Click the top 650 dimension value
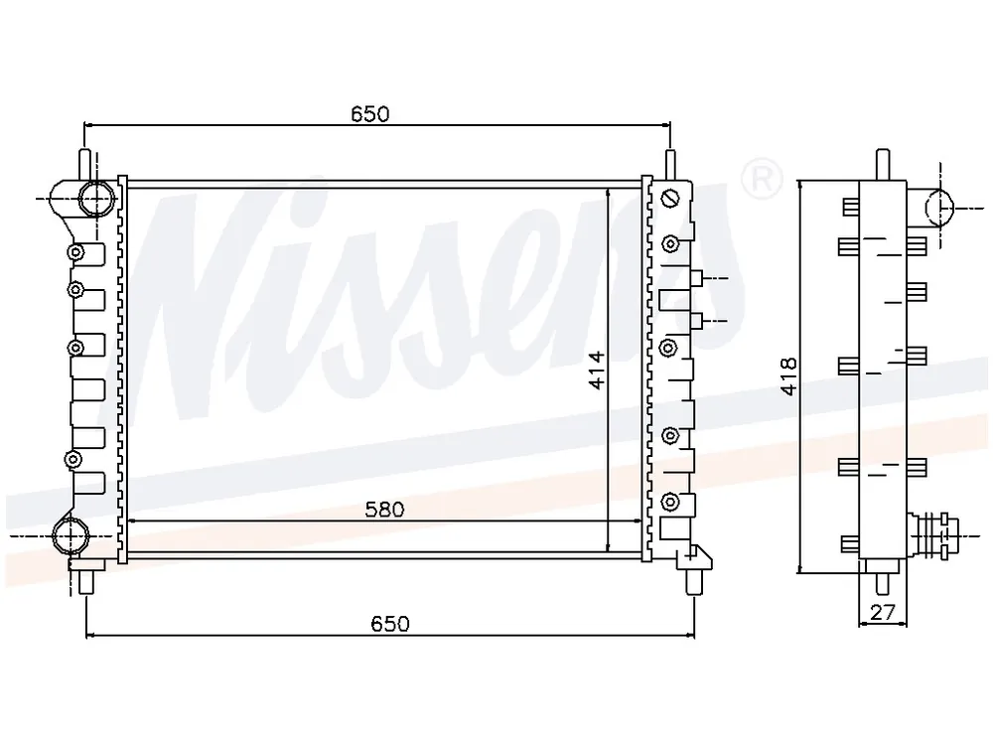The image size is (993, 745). [x=369, y=114]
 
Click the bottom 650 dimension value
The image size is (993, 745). [x=390, y=624]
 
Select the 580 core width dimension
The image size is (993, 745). [x=384, y=510]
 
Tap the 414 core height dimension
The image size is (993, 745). [x=597, y=370]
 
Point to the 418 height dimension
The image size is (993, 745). [x=788, y=376]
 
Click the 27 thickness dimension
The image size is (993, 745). [x=882, y=612]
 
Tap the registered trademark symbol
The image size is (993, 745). [x=762, y=179]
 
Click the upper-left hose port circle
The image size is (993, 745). [x=97, y=198]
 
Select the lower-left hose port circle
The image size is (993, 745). [x=70, y=536]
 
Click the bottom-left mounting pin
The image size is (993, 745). [x=86, y=581]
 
